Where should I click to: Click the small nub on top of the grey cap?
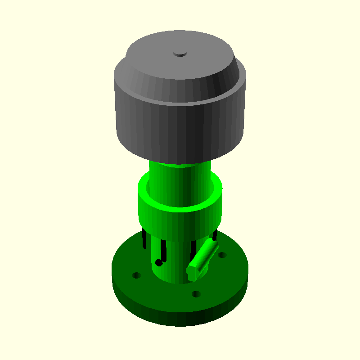click(x=180, y=54)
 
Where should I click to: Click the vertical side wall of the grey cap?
click(x=180, y=130)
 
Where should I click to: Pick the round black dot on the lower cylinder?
click(x=158, y=262)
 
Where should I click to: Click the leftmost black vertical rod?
click(x=144, y=238)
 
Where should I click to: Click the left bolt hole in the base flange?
click(x=136, y=275)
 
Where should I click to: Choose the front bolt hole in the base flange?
click(x=196, y=294)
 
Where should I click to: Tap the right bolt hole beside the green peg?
click(x=222, y=255)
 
